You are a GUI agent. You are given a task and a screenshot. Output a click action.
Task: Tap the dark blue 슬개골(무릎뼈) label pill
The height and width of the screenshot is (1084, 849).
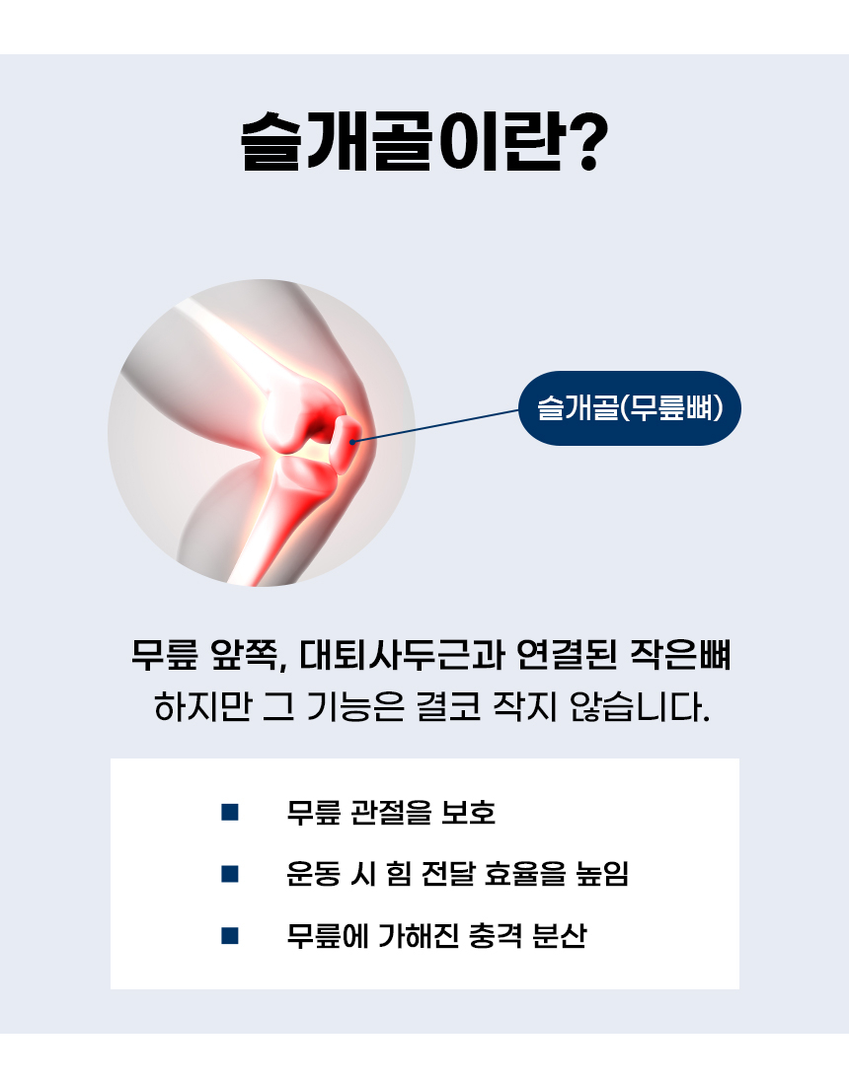pyautogui.click(x=630, y=408)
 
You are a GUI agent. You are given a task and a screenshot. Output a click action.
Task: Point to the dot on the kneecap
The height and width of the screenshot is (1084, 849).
pyautogui.click(x=352, y=441)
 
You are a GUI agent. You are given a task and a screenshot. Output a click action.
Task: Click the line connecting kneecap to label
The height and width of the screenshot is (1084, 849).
pyautogui.click(x=436, y=425)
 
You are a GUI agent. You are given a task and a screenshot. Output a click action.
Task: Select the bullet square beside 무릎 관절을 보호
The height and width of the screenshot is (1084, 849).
pyautogui.click(x=230, y=812)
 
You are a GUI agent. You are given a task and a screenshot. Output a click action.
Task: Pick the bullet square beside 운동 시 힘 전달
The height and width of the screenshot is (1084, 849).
pyautogui.click(x=230, y=874)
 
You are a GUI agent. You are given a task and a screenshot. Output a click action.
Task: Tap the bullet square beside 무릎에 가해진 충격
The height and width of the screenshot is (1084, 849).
pyautogui.click(x=230, y=936)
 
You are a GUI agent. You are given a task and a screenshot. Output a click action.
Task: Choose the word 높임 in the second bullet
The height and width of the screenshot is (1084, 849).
pyautogui.click(x=602, y=874)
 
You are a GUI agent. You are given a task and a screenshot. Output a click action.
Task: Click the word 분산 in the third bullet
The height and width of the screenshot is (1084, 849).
pyautogui.click(x=560, y=936)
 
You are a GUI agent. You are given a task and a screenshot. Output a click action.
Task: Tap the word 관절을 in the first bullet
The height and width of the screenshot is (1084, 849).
pyautogui.click(x=391, y=812)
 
